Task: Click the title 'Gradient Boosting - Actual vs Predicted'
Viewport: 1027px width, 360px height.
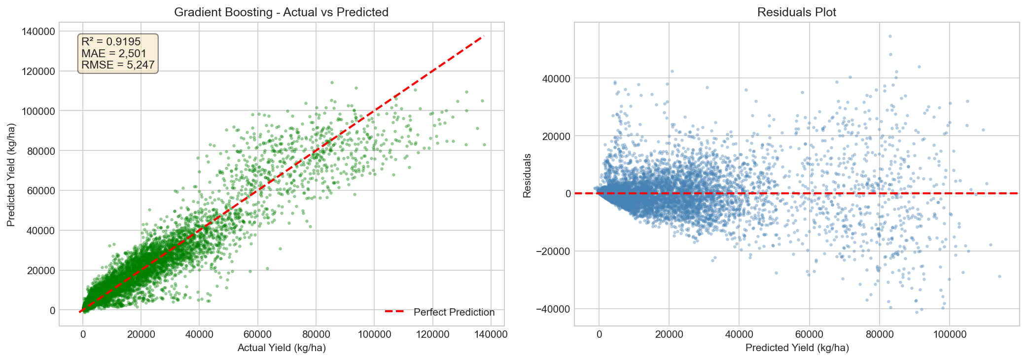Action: point(281,12)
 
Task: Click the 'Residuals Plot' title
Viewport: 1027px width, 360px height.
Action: point(796,12)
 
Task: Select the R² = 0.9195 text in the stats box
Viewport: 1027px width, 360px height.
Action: point(111,42)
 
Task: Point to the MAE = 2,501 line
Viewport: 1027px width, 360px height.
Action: point(114,53)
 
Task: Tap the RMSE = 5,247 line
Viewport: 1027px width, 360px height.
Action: point(118,65)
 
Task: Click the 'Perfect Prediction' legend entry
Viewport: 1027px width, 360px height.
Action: point(454,312)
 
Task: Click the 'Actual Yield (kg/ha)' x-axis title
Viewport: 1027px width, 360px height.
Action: point(282,348)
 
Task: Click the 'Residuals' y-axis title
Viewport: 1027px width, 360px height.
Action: point(527,176)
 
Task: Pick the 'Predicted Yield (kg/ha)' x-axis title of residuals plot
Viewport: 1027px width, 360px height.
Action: point(797,348)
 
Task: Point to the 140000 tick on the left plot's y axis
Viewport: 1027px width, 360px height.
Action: point(38,32)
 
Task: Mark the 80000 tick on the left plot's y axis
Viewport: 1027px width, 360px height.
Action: point(41,151)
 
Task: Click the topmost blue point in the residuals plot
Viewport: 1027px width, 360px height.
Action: point(890,36)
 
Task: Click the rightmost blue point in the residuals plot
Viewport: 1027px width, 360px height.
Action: point(999,276)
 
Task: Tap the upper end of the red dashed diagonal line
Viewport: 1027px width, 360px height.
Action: point(483,36)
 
